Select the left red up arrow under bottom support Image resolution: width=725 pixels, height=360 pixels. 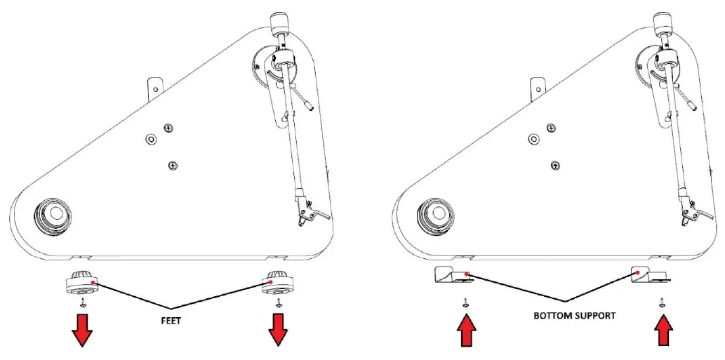tap(465, 331)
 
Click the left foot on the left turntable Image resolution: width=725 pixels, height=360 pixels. tap(83, 284)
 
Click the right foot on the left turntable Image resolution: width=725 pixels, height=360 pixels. tap(278, 284)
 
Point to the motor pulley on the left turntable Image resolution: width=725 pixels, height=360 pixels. tap(54, 213)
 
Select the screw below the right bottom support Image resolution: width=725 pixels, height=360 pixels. tap(662, 303)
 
